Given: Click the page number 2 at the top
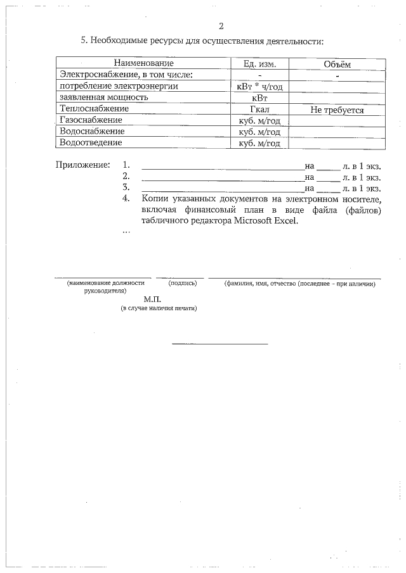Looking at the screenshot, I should tap(221, 27).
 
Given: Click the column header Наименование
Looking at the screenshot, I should tap(143, 63).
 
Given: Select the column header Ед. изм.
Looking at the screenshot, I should tap(259, 63).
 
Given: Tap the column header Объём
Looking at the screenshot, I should tap(337, 64).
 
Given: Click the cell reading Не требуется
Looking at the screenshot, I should tap(337, 110).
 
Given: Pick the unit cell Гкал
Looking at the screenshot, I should tap(259, 110).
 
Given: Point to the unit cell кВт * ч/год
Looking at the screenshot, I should tap(259, 86).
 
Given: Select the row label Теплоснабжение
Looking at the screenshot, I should tap(93, 109).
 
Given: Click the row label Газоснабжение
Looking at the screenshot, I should tap(91, 120).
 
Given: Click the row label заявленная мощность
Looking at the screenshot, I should tap(103, 98).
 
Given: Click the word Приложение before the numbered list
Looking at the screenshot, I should tap(83, 165).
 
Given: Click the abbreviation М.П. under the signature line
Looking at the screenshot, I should tap(153, 299).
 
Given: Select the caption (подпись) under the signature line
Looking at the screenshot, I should tap(183, 283).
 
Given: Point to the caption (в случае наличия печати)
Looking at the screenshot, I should tap(159, 308).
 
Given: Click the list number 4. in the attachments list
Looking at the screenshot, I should tap(126, 199).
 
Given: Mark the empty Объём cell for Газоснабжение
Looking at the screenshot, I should tap(337, 121).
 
